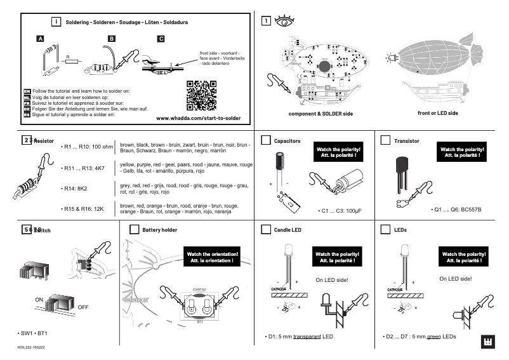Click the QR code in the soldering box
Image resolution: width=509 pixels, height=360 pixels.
[x=201, y=95]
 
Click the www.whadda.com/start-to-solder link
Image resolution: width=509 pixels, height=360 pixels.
[x=198, y=118]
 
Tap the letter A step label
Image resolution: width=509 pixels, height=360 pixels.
[x=40, y=39]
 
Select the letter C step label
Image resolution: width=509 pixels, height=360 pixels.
[x=161, y=39]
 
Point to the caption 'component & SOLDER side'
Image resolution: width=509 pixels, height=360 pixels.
[x=321, y=113]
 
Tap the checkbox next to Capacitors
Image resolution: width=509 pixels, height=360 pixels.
[x=265, y=140]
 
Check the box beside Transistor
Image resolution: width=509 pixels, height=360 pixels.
[x=385, y=140]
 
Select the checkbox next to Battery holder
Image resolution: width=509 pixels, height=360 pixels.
[x=134, y=229]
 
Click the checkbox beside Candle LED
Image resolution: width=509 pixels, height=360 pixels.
[x=265, y=229]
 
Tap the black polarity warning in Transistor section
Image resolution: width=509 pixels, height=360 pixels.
[x=463, y=152]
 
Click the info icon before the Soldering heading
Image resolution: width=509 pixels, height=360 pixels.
[x=56, y=22]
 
